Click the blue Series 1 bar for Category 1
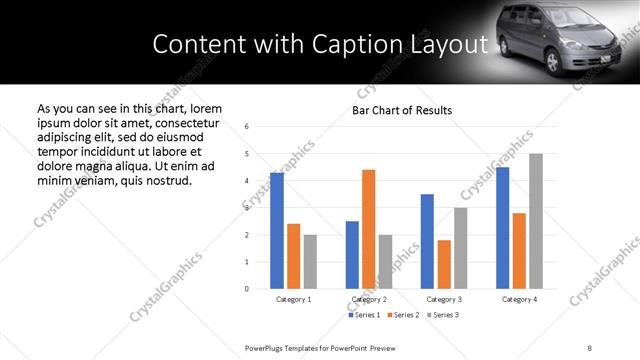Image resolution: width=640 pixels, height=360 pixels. [x=277, y=231]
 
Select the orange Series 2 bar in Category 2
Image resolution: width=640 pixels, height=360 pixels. [x=368, y=229]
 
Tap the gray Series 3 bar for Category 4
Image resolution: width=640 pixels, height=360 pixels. [x=536, y=221]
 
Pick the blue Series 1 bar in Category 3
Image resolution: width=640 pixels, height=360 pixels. [x=427, y=241]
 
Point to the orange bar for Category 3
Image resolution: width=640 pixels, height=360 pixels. [x=444, y=264]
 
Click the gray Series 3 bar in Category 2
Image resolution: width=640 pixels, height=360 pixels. [x=385, y=261]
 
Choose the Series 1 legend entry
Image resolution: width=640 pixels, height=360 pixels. [x=364, y=316]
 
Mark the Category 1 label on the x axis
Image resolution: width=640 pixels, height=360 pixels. [x=293, y=299]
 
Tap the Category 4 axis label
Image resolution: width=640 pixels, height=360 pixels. [x=519, y=299]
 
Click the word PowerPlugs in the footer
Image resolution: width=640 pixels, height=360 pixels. [x=267, y=347]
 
